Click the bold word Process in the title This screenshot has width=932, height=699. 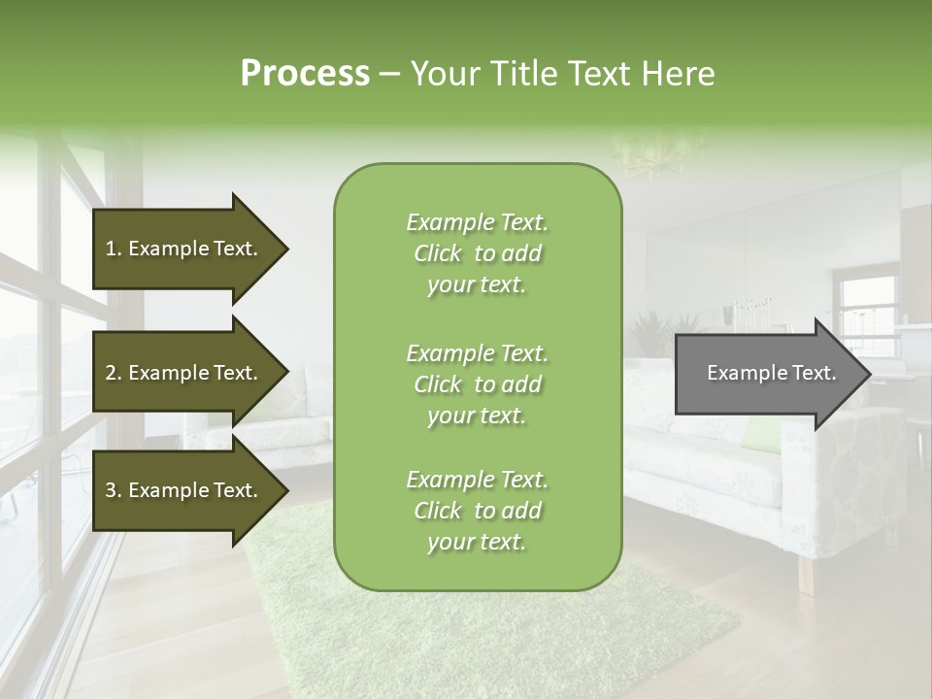click(305, 74)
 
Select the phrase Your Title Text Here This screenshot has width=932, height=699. click(563, 74)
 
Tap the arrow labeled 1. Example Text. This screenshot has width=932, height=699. click(184, 249)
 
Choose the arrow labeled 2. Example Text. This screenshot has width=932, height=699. click(184, 373)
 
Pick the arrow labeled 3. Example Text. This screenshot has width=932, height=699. click(184, 491)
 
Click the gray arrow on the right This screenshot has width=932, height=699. click(767, 374)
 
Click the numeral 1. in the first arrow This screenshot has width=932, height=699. click(113, 249)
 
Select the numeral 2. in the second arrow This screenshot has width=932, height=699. click(113, 373)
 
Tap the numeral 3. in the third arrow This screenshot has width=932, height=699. click(113, 491)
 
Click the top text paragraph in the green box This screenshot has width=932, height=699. click(477, 253)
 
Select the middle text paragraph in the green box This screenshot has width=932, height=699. click(477, 384)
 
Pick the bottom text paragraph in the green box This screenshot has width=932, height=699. click(477, 511)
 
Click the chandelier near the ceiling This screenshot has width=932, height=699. click(660, 155)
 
